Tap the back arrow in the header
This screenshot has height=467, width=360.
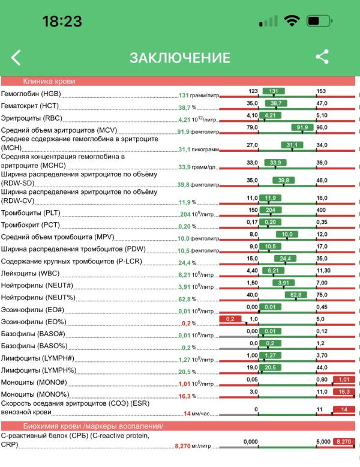(16, 58)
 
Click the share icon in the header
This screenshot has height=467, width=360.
(322, 57)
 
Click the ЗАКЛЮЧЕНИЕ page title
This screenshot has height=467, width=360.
(180, 58)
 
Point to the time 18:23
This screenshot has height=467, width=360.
(62, 22)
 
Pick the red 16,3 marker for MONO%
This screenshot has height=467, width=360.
(344, 391)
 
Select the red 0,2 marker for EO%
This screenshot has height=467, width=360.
(230, 319)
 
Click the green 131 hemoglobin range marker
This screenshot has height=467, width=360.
(273, 91)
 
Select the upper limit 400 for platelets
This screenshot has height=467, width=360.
(321, 210)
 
